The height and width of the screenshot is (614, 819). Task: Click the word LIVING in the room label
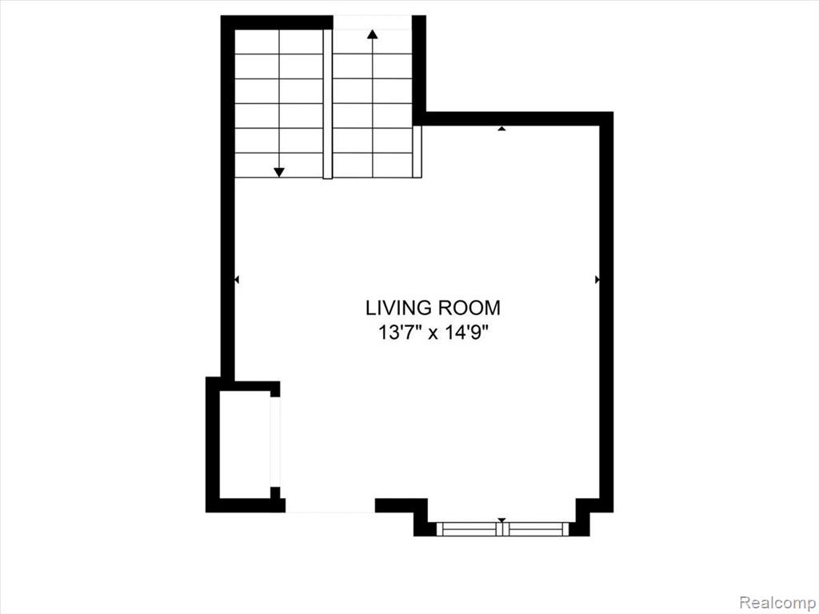[398, 308]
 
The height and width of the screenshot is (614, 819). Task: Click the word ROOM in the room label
[469, 308]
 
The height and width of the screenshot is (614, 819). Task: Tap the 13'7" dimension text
[400, 333]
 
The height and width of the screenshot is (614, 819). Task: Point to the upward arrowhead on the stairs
[373, 34]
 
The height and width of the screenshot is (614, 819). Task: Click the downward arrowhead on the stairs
[279, 173]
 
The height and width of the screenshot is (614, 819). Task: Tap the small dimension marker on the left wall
[237, 280]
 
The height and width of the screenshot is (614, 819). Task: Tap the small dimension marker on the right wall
[597, 280]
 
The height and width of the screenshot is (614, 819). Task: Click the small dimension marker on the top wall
[502, 128]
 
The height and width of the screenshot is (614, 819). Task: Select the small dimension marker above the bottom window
[502, 520]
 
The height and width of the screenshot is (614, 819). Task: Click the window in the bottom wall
[502, 529]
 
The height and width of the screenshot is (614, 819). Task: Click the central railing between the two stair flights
[328, 104]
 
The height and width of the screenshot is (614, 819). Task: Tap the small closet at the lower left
[245, 444]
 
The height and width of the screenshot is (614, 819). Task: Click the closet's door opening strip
[275, 441]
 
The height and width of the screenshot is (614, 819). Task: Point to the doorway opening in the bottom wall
[330, 505]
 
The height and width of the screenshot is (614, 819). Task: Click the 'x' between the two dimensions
[433, 334]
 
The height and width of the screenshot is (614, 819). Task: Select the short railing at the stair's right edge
[417, 151]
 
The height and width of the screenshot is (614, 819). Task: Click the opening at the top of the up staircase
[373, 22]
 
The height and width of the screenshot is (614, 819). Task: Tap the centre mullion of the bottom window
[502, 529]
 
